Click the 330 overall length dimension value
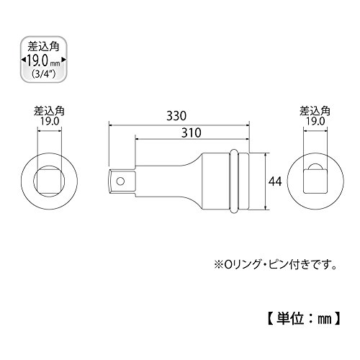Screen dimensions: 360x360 (176, 116)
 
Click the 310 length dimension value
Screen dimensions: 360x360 (191, 132)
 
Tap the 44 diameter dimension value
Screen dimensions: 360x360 (275, 181)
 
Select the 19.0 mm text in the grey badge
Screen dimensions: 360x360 (43, 60)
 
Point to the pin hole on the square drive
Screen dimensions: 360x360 (120, 181)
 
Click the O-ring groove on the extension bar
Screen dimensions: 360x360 (233, 181)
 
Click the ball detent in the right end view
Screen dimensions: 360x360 (315, 166)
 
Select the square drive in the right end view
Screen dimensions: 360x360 (315, 181)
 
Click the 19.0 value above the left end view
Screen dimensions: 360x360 (50, 122)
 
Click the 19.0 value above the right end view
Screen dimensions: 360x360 (315, 122)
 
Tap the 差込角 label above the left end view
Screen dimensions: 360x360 (49, 111)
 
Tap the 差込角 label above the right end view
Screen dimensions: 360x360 (315, 111)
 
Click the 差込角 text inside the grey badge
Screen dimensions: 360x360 (43, 47)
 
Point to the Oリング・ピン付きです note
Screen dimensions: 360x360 (275, 265)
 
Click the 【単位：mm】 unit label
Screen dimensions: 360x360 (304, 318)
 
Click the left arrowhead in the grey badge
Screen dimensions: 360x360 (23, 60)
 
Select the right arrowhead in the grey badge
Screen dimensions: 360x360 (63, 60)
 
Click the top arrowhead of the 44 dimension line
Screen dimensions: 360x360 (265, 155)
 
